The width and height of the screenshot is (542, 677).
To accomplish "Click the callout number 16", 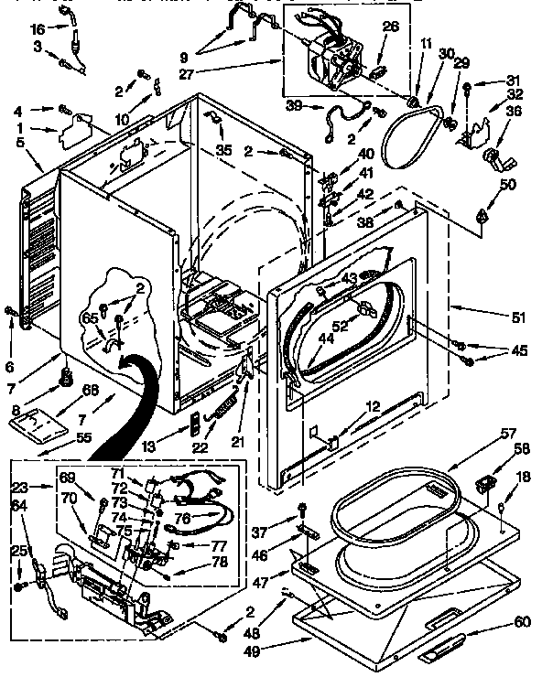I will pos(37,29).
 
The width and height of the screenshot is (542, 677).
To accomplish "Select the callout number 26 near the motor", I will pos(390,27).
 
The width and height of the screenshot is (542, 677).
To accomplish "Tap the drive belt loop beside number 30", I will pos(407,137).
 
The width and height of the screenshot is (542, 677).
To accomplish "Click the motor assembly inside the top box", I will pos(335,59).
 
